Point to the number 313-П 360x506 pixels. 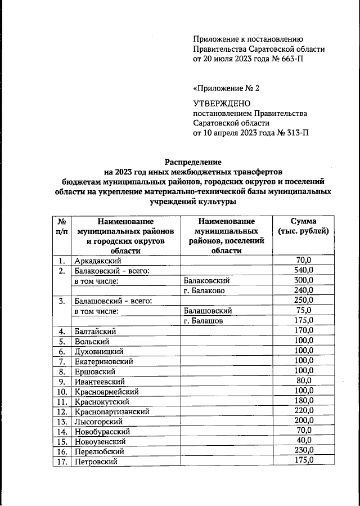(x=295, y=133)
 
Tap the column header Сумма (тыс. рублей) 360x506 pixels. (x=303, y=226)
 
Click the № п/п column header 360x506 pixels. (x=62, y=226)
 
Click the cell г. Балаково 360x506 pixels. (x=205, y=290)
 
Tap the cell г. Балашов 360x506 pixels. (x=203, y=320)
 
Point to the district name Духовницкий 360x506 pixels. (x=98, y=351)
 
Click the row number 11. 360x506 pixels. (x=62, y=401)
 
